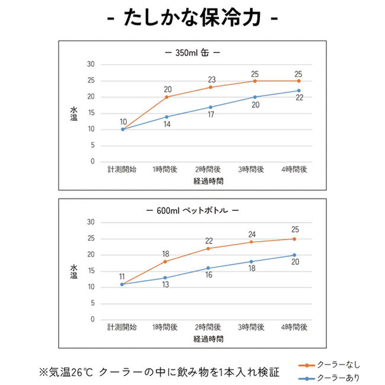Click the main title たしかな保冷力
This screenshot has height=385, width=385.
[x=192, y=18]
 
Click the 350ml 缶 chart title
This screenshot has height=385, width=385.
[x=192, y=52]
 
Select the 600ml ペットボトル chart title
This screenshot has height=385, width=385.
[x=192, y=211]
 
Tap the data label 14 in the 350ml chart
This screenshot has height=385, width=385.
[x=167, y=125]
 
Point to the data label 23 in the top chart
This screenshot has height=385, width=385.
[x=211, y=79]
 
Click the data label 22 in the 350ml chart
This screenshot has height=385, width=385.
[x=300, y=98]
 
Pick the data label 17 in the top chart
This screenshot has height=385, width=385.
[x=211, y=115]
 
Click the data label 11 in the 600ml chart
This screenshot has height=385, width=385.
[x=121, y=276]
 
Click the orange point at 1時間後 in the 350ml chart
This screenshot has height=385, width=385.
[x=166, y=97]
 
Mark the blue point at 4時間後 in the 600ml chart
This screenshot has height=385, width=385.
[x=294, y=255]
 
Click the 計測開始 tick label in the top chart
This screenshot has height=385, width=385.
[x=122, y=169]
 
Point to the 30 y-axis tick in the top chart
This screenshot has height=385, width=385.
[x=91, y=65]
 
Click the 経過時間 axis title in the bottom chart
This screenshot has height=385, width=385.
[x=208, y=339]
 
